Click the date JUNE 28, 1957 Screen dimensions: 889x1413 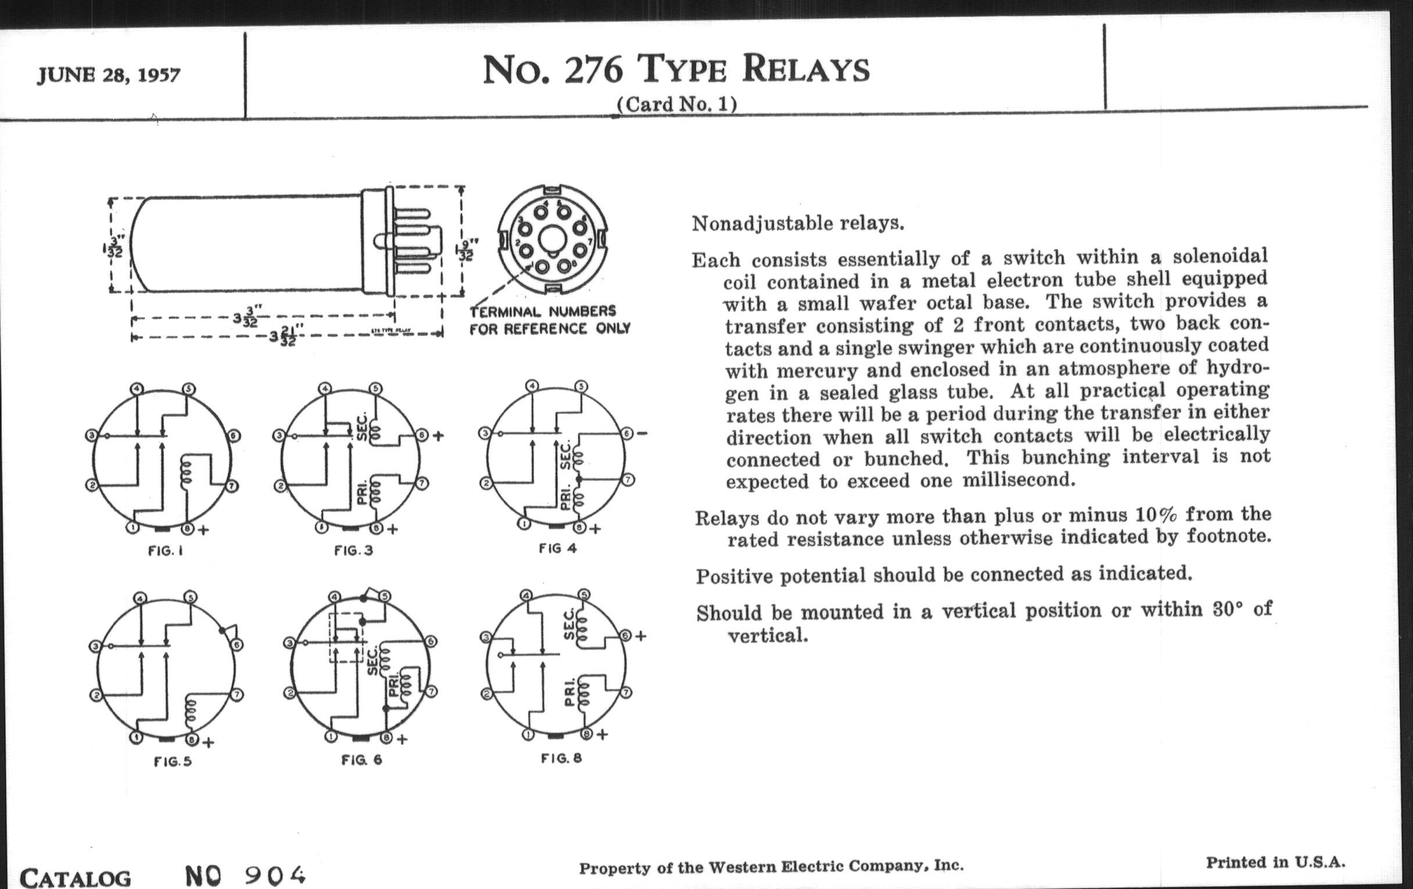click(x=109, y=75)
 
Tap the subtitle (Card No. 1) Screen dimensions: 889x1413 click(x=676, y=105)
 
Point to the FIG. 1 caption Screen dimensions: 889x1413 click(x=166, y=551)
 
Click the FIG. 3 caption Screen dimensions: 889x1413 click(x=353, y=550)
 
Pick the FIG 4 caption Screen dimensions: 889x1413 click(x=557, y=548)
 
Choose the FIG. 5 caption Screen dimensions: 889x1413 click(x=173, y=761)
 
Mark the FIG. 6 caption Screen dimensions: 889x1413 click(x=361, y=759)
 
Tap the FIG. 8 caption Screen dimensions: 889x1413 click(x=561, y=758)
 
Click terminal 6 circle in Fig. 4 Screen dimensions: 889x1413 click(x=627, y=433)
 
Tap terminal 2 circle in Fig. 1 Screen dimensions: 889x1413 click(x=92, y=485)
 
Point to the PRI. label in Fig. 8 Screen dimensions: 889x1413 click(x=569, y=693)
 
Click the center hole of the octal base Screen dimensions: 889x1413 click(x=551, y=239)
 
